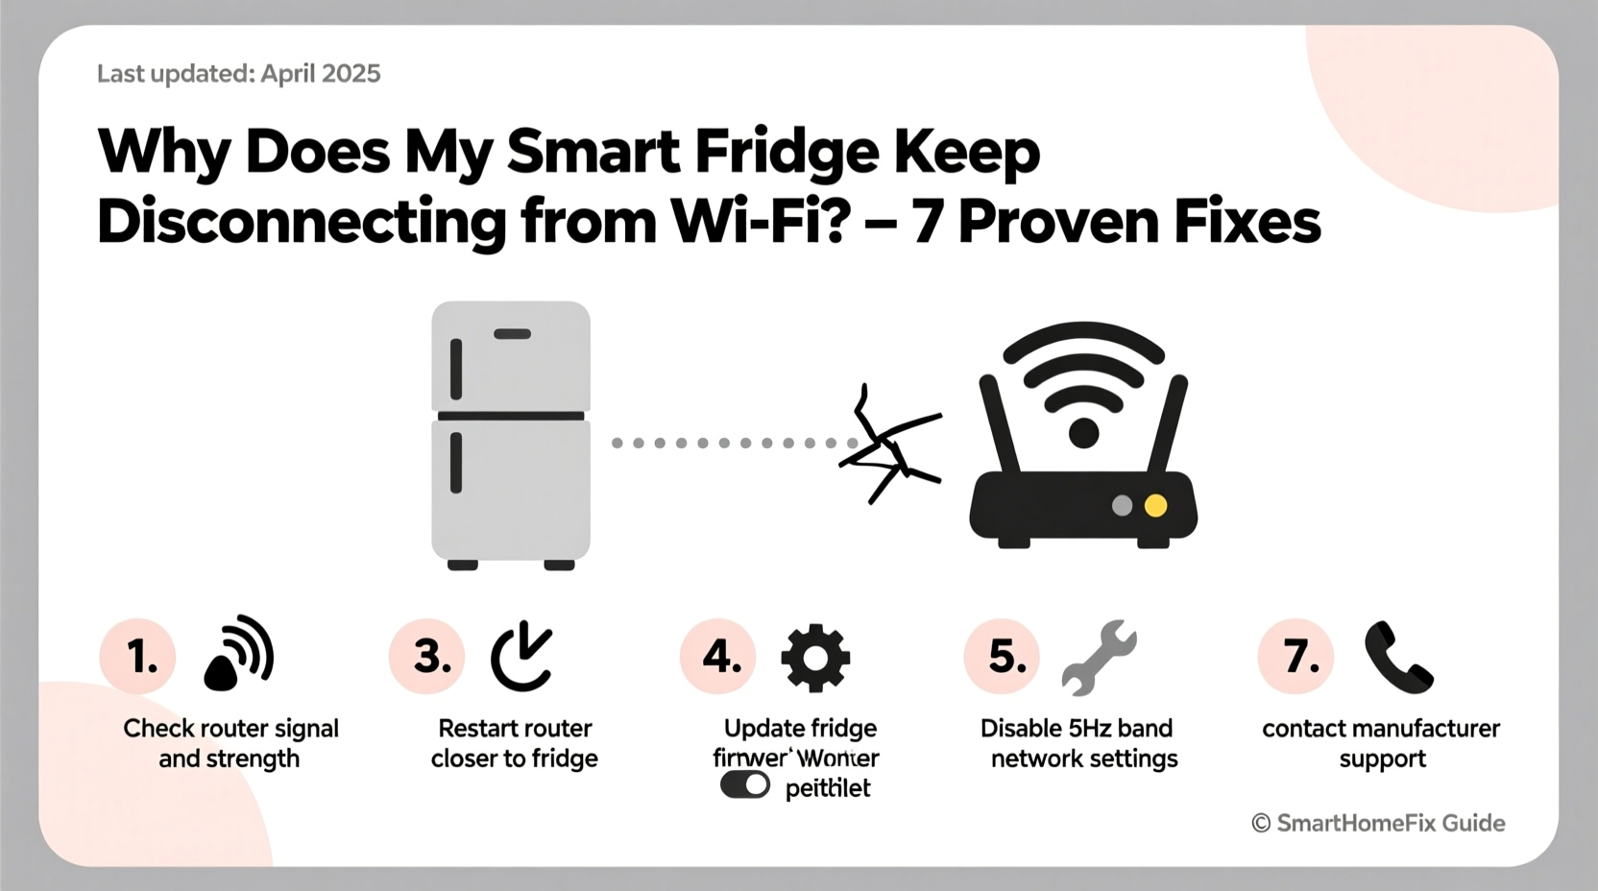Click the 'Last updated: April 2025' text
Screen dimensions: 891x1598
(238, 74)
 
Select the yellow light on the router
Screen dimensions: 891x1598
(1155, 506)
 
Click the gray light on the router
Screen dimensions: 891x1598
(1122, 506)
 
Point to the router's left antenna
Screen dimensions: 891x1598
(998, 423)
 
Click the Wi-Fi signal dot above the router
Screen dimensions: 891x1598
(1083, 433)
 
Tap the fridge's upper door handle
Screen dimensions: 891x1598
(456, 369)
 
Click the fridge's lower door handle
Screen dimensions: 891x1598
(456, 463)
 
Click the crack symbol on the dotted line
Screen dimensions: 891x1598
(888, 445)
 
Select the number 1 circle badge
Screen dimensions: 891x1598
(138, 657)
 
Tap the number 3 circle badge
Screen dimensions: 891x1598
(427, 657)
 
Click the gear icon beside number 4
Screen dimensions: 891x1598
(815, 658)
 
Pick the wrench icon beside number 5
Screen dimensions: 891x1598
(1101, 657)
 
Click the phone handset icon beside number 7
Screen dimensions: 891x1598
(1398, 658)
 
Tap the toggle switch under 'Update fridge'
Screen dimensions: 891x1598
(744, 785)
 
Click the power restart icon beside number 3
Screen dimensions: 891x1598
(521, 658)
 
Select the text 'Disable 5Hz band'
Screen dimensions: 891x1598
(1076, 728)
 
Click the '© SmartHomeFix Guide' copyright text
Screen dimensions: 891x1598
(1378, 823)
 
